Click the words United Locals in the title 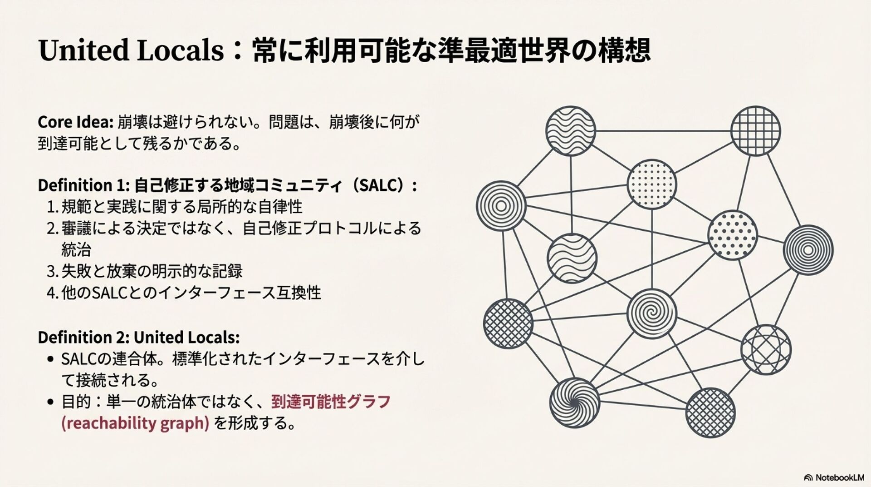click(x=131, y=50)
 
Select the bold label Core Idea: click(x=75, y=122)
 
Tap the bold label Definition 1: click(x=84, y=185)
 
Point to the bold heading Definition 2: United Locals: click(x=138, y=338)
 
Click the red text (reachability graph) click(x=135, y=423)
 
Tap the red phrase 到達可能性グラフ click(x=331, y=402)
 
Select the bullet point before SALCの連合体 click(x=51, y=359)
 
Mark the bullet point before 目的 click(x=51, y=402)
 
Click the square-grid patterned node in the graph click(x=756, y=131)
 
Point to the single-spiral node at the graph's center click(x=651, y=313)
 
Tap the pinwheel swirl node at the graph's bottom click(x=574, y=403)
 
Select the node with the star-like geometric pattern click(x=766, y=349)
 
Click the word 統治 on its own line click(x=76, y=250)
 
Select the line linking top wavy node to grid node click(x=662, y=131)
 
